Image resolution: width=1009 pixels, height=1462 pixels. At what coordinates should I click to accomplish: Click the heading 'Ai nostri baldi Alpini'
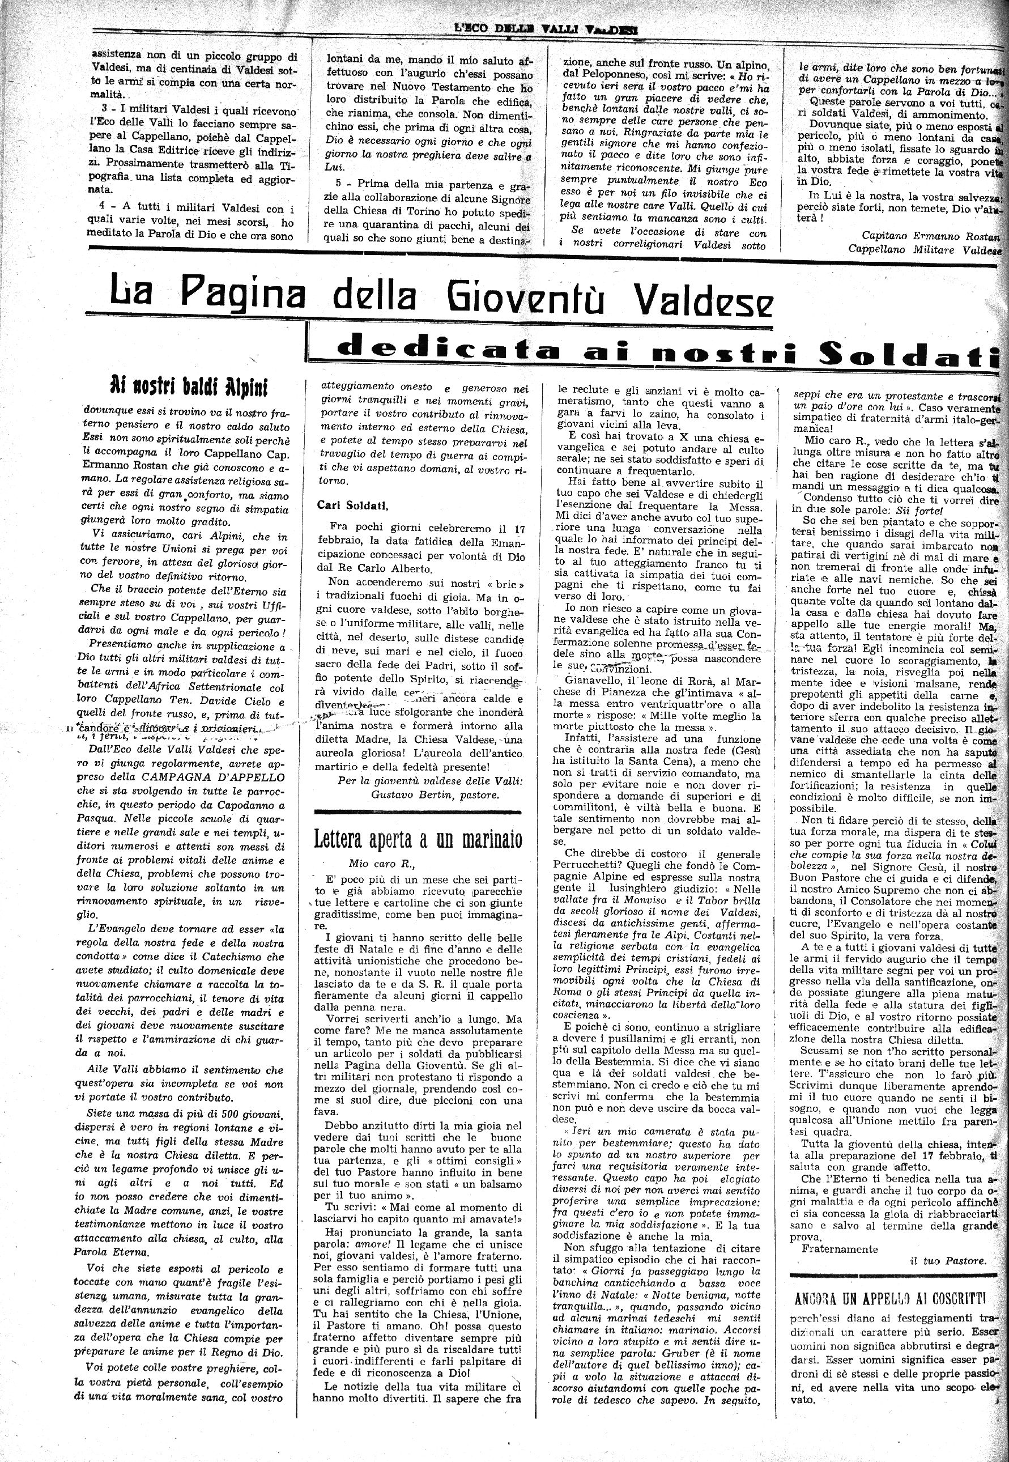(x=189, y=385)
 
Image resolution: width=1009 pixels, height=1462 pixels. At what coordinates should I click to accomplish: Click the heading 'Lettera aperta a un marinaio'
(x=419, y=839)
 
